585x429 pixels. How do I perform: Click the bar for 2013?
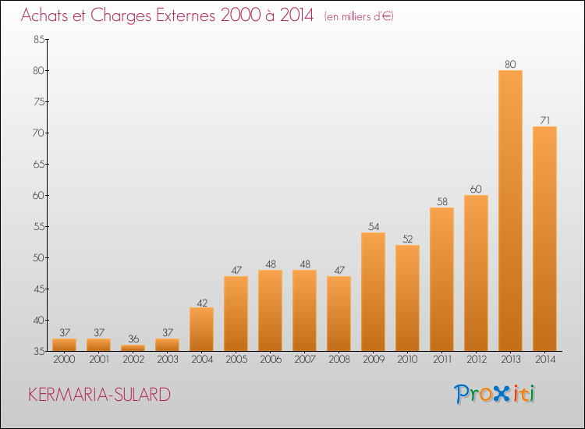click(510, 211)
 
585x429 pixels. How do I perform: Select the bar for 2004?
click(201, 329)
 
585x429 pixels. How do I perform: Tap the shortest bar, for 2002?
click(133, 348)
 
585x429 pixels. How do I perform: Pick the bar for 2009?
click(373, 292)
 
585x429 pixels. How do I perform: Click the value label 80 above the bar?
click(510, 64)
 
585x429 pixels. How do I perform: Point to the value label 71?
click(544, 120)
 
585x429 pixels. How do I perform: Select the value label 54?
click(374, 226)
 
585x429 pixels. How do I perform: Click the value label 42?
click(202, 303)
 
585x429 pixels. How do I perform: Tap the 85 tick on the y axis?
click(39, 39)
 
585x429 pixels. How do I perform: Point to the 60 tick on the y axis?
click(39, 195)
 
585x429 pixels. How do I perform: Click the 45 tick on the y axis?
click(39, 289)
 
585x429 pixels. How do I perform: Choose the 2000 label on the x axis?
click(64, 360)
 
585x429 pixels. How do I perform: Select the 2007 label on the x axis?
click(304, 360)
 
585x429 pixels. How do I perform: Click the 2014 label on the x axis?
click(545, 360)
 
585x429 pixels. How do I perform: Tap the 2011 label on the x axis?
click(442, 360)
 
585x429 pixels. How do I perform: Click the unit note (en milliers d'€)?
click(359, 16)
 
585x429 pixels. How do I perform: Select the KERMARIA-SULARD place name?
click(99, 395)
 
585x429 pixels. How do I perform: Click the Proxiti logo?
click(495, 394)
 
